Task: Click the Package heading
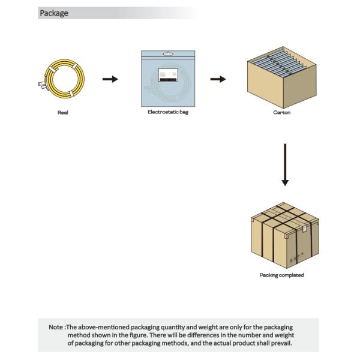(x=53, y=13)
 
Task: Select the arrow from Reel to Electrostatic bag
(x=110, y=80)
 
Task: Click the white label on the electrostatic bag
(x=168, y=76)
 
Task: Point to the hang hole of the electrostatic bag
(x=168, y=53)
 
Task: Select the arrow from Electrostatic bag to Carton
(x=218, y=80)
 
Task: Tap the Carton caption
(x=281, y=112)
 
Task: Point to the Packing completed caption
(x=281, y=275)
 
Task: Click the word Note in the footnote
(x=56, y=327)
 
